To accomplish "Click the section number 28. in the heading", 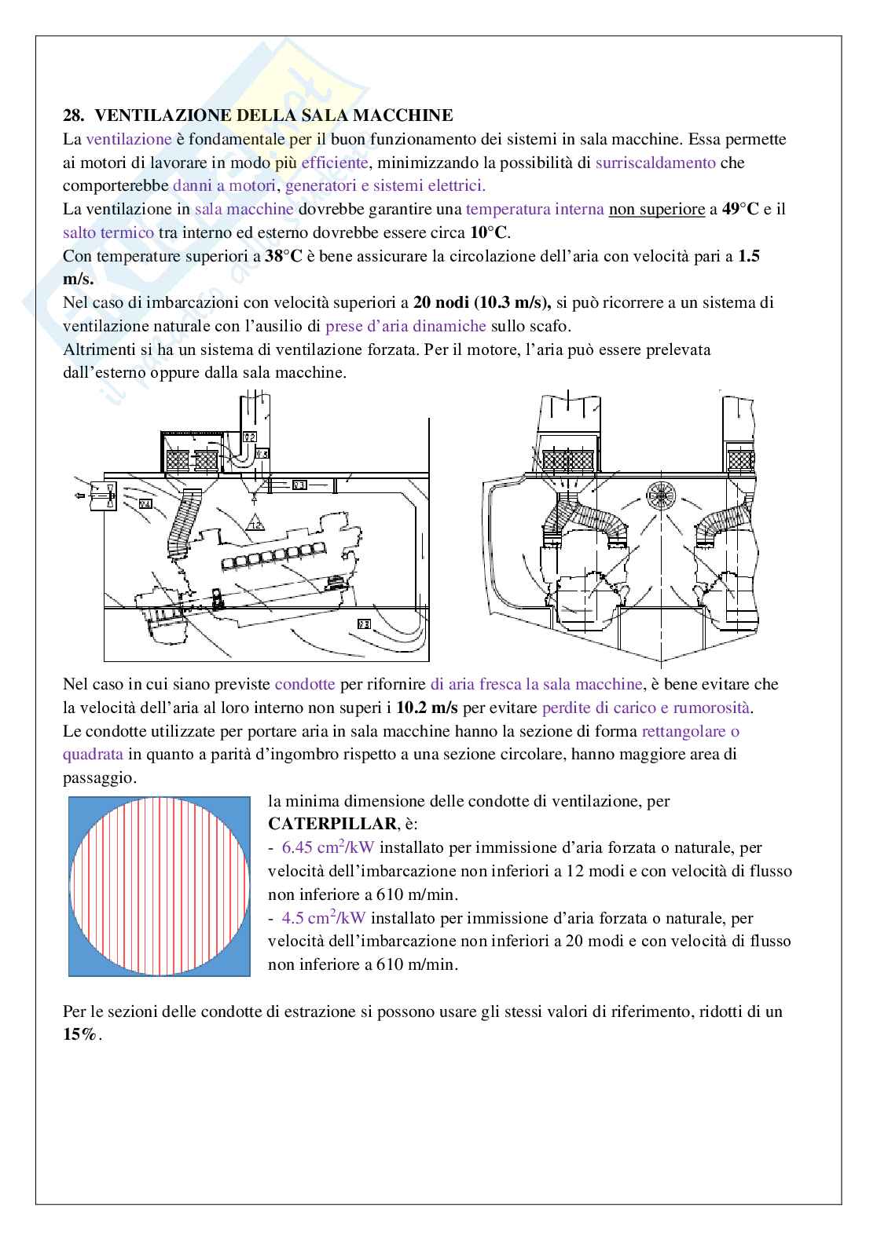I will coord(73,116).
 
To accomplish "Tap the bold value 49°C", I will coord(739,210).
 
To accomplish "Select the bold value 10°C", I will coord(490,233).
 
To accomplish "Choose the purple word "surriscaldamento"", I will coord(655,163).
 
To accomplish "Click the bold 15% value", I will coord(82,1035).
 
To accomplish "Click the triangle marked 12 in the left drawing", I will coord(255,523).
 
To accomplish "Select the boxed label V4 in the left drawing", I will coord(145,504).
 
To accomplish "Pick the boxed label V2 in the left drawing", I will coord(250,437).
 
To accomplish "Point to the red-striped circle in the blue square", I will coord(160,887).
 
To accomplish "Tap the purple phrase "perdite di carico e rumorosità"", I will coord(646,708).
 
